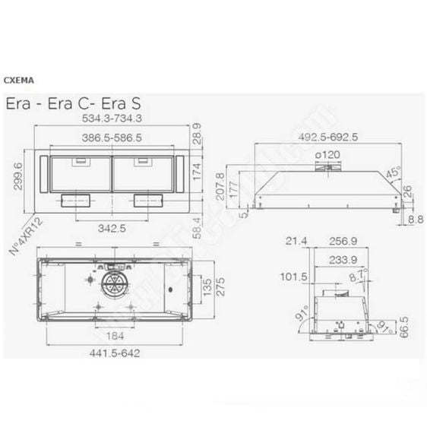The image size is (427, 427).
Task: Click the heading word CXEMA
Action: [x=17, y=78]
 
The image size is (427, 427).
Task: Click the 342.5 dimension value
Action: [x=112, y=227]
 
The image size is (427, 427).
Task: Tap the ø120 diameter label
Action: [x=328, y=155]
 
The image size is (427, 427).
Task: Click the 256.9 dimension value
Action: [x=331, y=241]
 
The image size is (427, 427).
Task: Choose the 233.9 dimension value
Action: [x=331, y=259]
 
